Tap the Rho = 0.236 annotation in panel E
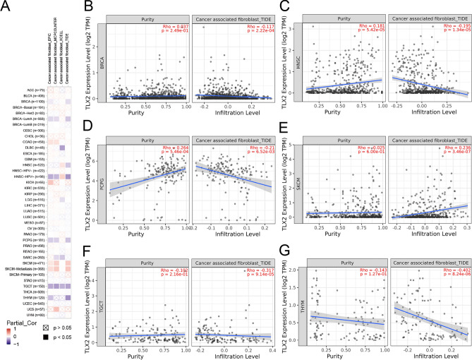pyautogui.click(x=449, y=148)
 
